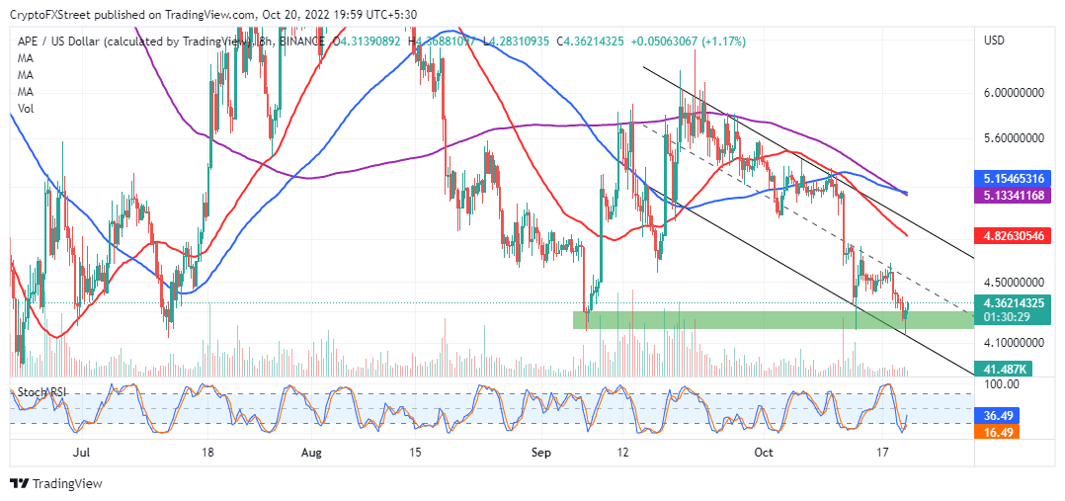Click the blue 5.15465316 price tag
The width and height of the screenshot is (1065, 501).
click(x=1013, y=179)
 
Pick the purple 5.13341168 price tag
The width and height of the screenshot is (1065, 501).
click(x=1013, y=196)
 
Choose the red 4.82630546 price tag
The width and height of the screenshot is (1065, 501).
click(x=1013, y=237)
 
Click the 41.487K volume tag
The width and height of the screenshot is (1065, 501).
click(x=999, y=369)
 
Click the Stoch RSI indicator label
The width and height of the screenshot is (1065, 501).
click(x=42, y=392)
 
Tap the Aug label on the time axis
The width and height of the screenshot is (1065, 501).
click(x=311, y=452)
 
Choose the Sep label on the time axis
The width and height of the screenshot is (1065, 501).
click(x=538, y=452)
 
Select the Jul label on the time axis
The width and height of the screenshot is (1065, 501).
click(x=83, y=452)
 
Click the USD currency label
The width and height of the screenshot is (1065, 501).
click(x=996, y=41)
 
